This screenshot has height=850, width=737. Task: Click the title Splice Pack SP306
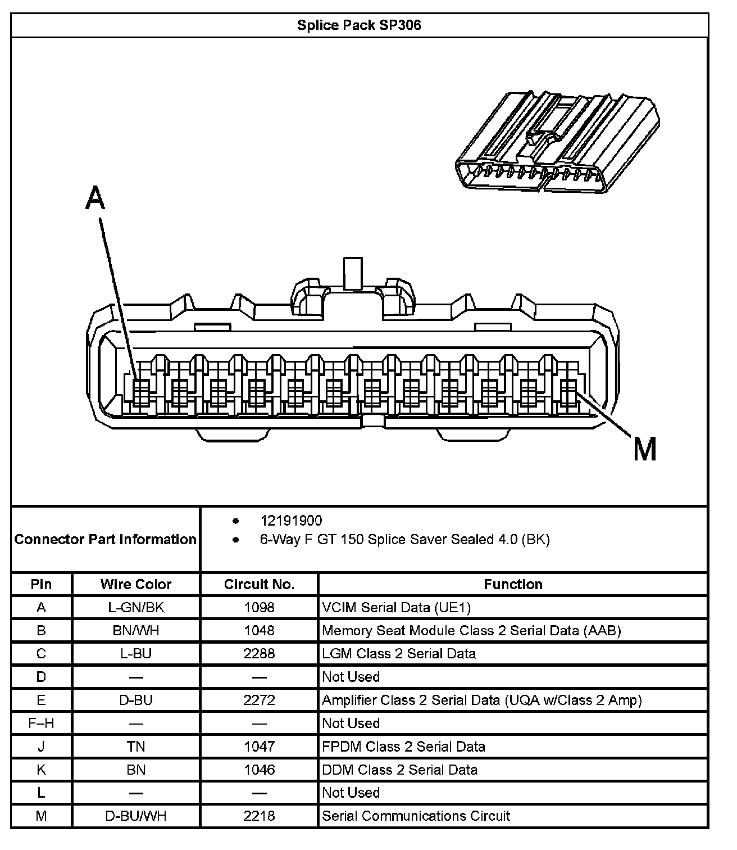[x=359, y=25]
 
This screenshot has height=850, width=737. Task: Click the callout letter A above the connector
[x=95, y=198]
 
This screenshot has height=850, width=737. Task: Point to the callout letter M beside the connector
[x=645, y=449]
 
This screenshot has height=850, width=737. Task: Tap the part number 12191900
[x=291, y=521]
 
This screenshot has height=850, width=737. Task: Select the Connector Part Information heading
[x=106, y=539]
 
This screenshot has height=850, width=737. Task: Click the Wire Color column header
[x=136, y=584]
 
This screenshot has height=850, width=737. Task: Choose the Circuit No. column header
[x=259, y=584]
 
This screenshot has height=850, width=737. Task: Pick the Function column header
[x=513, y=584]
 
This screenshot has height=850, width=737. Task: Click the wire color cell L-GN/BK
[x=136, y=607]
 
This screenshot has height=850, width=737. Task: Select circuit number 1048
[x=259, y=630]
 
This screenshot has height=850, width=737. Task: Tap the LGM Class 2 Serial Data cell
[x=399, y=653]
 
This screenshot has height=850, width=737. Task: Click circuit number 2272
[x=259, y=700]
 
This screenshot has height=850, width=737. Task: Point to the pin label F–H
[x=41, y=723]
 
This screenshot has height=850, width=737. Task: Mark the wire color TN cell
[x=136, y=747]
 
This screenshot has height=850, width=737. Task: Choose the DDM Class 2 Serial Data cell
[x=400, y=770]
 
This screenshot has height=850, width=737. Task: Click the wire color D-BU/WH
[x=136, y=816]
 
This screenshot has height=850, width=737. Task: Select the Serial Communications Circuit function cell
[x=416, y=816]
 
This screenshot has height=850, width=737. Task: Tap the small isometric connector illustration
[x=556, y=143]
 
